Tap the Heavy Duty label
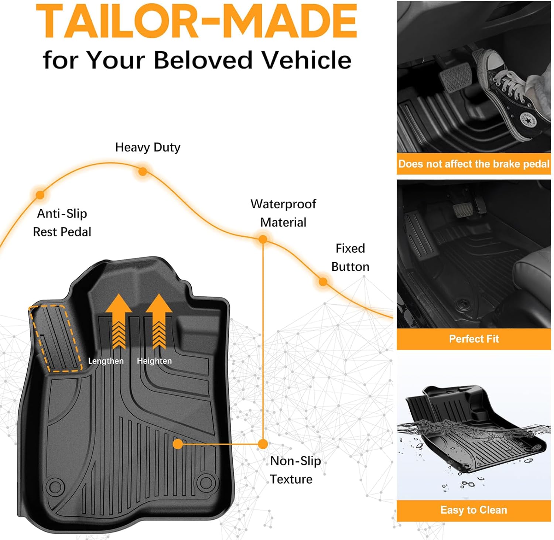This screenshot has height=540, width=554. pos(148,147)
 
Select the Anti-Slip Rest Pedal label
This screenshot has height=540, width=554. pos(62,223)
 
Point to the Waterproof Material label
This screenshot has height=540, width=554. pos(283,213)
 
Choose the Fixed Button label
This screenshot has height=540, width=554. pos(350,257)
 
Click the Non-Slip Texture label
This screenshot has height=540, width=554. pos(295,470)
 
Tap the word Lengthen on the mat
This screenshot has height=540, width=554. pos(106,361)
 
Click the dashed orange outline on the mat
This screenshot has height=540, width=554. pos(55,338)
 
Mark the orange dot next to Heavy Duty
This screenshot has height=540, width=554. pos(143,171)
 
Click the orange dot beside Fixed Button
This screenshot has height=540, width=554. pos(323,282)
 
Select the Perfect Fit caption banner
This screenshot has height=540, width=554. pos(474,339)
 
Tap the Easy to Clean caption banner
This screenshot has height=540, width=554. pos(474,510)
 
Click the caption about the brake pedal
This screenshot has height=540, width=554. pos(474,164)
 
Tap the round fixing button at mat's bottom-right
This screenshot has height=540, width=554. pos(205,482)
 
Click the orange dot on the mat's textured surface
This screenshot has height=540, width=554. pos(178,444)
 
